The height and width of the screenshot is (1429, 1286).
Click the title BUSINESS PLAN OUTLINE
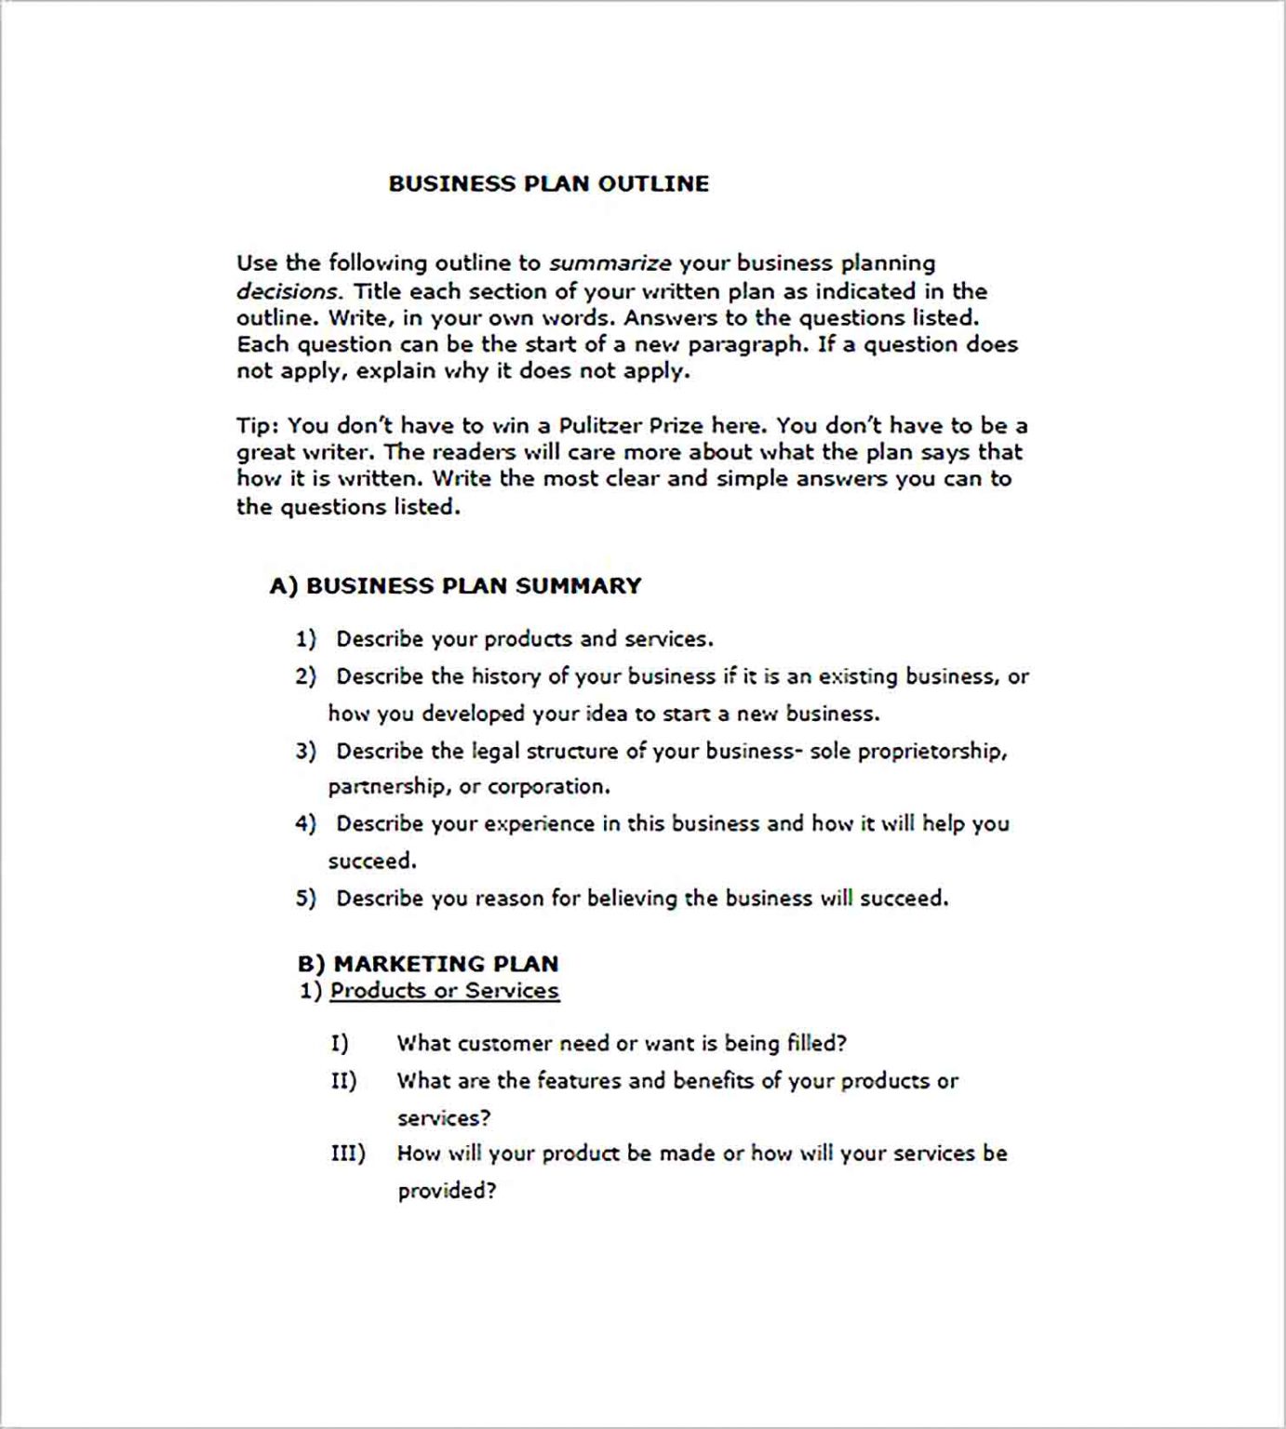(548, 183)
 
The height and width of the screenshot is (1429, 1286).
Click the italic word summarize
(610, 263)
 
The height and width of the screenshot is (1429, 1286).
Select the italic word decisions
(288, 291)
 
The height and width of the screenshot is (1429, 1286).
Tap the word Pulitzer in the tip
(599, 426)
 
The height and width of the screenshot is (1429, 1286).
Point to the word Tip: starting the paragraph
(258, 426)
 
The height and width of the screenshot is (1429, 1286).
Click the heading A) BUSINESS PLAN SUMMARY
(455, 586)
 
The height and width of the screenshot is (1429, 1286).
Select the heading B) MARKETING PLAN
(428, 964)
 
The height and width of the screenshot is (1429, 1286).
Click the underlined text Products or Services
(445, 991)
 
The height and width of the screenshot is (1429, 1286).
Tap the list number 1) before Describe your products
(306, 639)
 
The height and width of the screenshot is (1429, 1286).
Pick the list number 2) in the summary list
(306, 676)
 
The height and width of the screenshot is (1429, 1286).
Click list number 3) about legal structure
(306, 751)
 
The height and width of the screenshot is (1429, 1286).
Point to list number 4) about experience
(306, 824)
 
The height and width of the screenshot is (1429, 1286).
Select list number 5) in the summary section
(306, 899)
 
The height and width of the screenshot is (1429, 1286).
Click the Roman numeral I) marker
(340, 1044)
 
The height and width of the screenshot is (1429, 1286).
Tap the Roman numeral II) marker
(343, 1081)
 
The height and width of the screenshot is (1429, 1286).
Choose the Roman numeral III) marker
(348, 1154)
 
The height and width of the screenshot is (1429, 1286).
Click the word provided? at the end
(447, 1192)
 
